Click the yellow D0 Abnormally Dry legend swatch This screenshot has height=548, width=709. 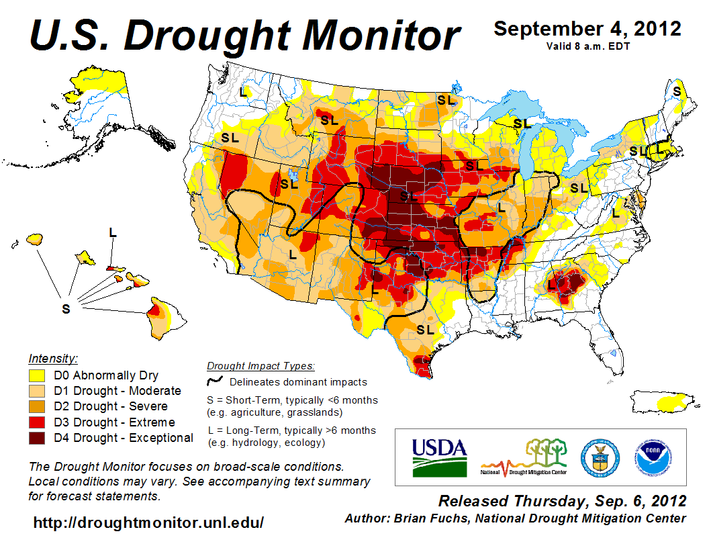38,375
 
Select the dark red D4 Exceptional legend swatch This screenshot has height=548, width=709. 38,438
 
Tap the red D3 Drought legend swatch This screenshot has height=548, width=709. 38,422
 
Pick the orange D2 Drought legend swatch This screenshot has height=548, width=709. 38,406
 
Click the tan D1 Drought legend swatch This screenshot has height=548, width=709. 38,391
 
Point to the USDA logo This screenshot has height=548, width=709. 439,457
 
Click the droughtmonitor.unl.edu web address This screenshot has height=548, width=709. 148,522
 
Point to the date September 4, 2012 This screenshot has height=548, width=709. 587,29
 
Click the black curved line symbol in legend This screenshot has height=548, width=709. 214,382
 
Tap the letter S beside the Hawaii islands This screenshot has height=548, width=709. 66,309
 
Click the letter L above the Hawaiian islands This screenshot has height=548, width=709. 113,232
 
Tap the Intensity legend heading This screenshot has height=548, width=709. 54,358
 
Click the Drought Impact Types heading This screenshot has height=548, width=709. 261,366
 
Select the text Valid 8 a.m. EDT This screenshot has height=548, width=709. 587,46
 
